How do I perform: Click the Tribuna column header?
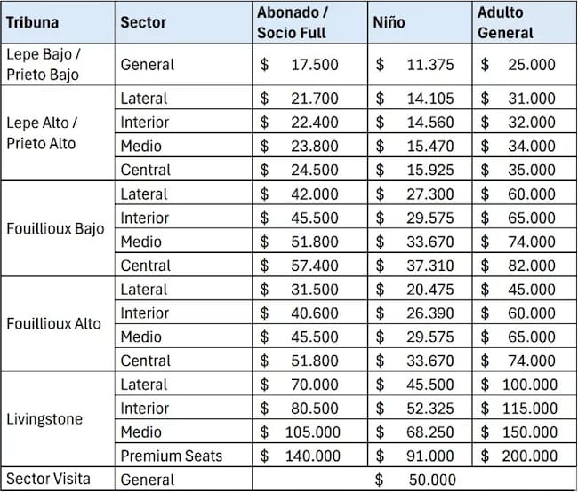coord(32,22)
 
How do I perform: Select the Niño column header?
coord(389,22)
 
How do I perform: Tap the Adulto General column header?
coord(505,23)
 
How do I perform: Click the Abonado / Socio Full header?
coord(292,23)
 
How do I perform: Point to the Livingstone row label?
coord(44,419)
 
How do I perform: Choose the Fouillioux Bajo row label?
coord(55,229)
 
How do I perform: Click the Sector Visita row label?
coord(48,479)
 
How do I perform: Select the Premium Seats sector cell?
coord(172,456)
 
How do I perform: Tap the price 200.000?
coord(530,456)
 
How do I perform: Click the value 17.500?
coord(315,65)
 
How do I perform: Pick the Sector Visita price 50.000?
coord(432,480)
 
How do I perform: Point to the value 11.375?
coord(430,65)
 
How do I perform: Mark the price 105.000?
coord(313,432)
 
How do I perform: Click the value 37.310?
coord(430,266)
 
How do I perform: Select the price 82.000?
coord(532,266)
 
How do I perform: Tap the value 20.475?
coord(430,290)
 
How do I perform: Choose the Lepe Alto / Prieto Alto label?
coord(42,133)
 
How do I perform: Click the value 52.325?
coord(430,409)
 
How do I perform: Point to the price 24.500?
coord(315,171)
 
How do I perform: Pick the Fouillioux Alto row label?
coord(54,323)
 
